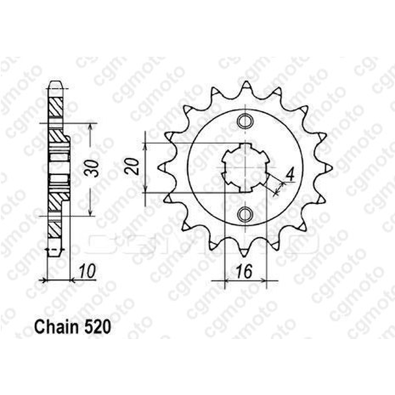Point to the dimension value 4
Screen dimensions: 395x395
[x=288, y=176]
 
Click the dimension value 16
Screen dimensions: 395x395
[x=245, y=271]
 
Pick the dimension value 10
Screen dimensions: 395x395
[x=85, y=271]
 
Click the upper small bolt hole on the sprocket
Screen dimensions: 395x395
[x=245, y=121]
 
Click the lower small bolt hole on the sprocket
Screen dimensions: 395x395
[x=245, y=214]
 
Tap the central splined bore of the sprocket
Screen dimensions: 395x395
[x=245, y=168]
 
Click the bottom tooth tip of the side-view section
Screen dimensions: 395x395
[x=57, y=253]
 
